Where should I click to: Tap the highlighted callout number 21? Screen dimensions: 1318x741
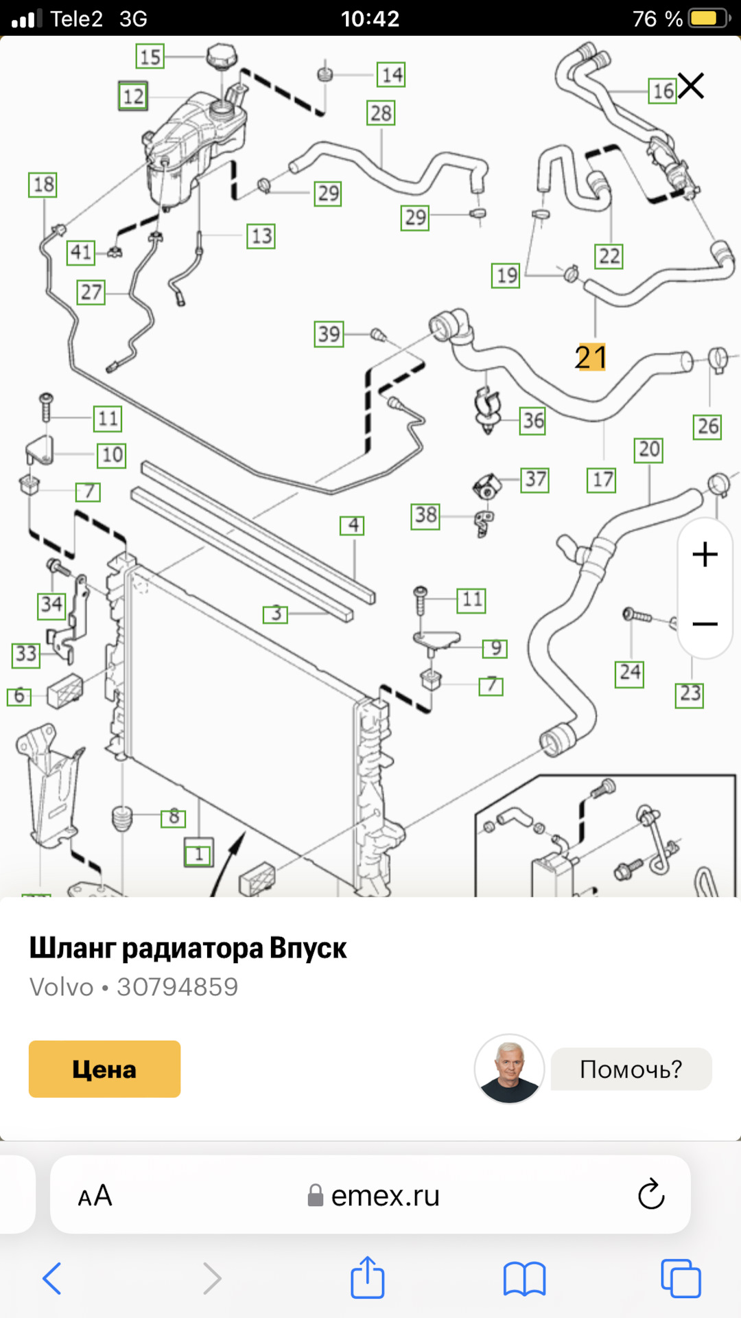591,357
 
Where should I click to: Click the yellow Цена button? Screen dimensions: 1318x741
104,1069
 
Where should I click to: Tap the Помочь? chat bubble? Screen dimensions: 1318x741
631,1069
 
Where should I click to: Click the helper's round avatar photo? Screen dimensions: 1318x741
509,1069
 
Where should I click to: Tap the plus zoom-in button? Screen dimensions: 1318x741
705,554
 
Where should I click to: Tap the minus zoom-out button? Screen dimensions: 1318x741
705,624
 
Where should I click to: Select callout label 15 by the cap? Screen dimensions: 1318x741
150,56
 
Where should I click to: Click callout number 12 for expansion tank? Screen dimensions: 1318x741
133,96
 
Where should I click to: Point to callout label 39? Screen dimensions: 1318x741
329,334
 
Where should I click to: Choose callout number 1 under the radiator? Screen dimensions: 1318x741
199,855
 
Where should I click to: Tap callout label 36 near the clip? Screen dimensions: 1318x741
533,420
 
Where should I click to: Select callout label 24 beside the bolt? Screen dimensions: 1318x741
629,672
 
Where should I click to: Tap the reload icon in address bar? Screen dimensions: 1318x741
650,1195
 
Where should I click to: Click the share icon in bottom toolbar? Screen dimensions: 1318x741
368,1277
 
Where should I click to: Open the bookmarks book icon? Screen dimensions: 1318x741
524,1278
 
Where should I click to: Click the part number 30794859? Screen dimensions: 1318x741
177,987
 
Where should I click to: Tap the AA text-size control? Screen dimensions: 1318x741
95,1196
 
